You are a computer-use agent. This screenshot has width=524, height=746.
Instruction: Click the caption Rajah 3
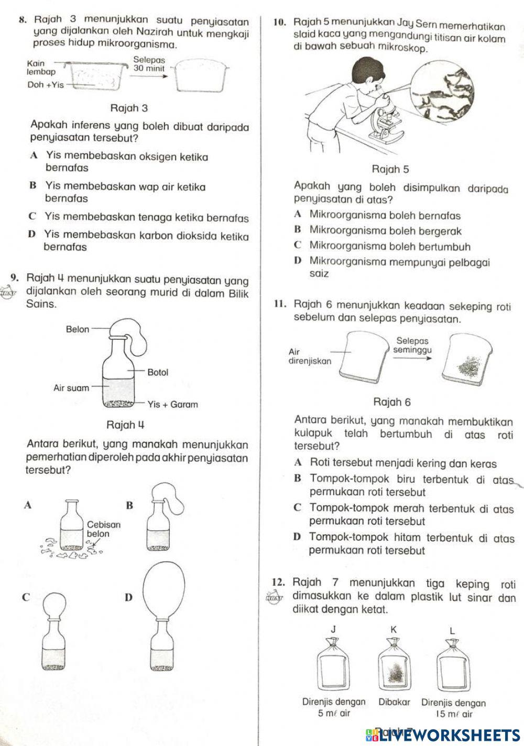coord(129,108)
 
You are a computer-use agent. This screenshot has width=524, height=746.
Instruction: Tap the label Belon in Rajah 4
coord(77,329)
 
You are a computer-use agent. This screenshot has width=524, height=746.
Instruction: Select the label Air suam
coord(71,388)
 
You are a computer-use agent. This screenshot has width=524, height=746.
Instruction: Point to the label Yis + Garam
coord(172,404)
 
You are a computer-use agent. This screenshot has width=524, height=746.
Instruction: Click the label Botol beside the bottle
coord(158,372)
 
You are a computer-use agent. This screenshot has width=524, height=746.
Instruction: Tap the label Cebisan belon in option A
coord(104,529)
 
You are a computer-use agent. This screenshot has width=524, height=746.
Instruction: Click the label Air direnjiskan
coord(310,357)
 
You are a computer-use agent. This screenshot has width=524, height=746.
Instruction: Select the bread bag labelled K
coord(394,665)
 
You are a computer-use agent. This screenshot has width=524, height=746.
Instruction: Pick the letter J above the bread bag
coord(333,629)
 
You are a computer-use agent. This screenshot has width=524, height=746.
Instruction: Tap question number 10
coord(279,23)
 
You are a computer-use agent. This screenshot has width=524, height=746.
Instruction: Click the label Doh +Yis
coord(45,85)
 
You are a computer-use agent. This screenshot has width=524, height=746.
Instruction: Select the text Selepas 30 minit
coord(149,64)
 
